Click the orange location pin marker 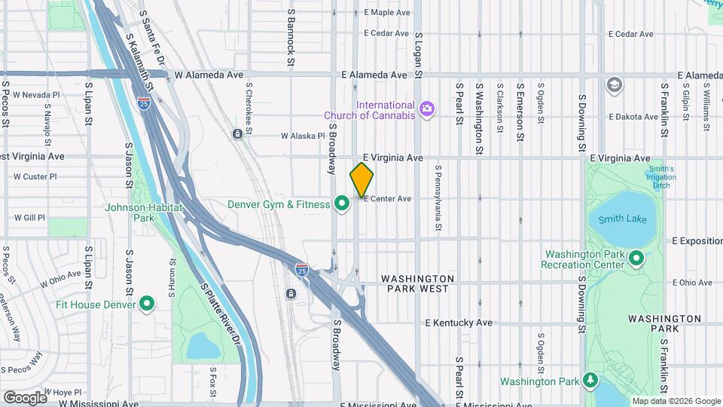click(361, 179)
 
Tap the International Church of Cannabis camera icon click(427, 109)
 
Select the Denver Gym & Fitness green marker click(341, 203)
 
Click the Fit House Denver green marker click(147, 304)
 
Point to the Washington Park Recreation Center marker click(636, 259)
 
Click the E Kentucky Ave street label click(459, 323)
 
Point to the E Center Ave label click(388, 199)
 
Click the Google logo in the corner click(25, 397)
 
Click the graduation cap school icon click(614, 84)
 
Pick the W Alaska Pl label click(302, 136)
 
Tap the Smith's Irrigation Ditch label click(660, 177)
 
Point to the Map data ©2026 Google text click(676, 401)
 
